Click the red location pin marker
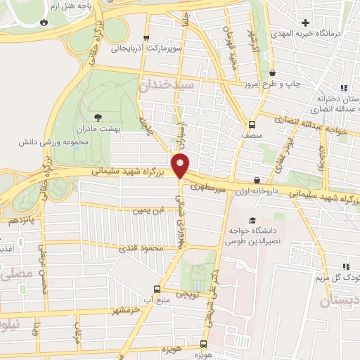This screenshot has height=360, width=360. (181, 165)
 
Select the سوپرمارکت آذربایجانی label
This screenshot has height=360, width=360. (146, 50)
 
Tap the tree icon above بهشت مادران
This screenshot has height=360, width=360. (97, 117)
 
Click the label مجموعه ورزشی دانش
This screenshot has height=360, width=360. (45, 141)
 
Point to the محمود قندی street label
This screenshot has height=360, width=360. (141, 247)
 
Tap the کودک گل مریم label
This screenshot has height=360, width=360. (332, 276)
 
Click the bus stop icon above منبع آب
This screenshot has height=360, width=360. (157, 288)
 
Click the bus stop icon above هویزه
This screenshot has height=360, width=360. (202, 345)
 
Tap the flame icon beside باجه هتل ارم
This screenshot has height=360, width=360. (46, 22)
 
